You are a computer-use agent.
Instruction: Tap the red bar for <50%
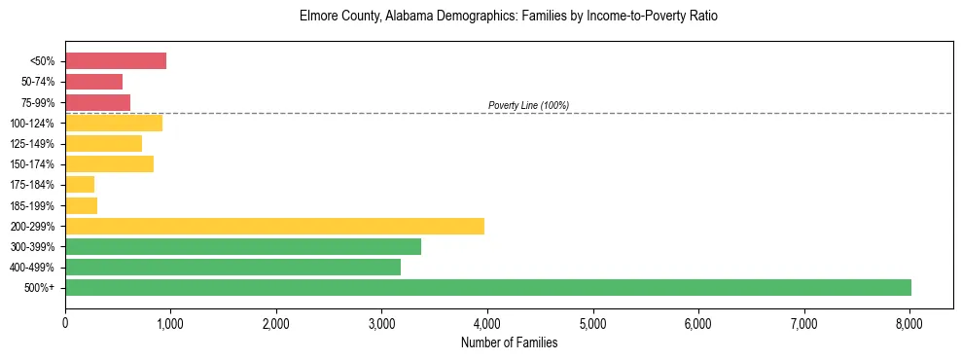(x=116, y=61)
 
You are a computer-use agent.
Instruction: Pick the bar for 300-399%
(x=243, y=246)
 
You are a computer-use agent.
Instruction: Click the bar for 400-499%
(x=233, y=267)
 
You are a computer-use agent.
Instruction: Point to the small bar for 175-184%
(x=80, y=185)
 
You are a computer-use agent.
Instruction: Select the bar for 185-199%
(x=82, y=205)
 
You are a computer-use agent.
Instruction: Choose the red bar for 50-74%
(x=94, y=82)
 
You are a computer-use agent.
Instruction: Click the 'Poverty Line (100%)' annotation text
(x=528, y=105)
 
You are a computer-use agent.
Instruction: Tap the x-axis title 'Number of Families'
(x=509, y=342)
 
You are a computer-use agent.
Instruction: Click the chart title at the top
(x=509, y=18)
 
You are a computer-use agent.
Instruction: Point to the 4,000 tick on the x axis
(x=487, y=323)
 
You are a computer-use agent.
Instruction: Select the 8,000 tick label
(x=909, y=323)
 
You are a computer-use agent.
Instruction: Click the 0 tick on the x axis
(x=65, y=323)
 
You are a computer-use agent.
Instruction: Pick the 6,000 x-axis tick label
(x=698, y=323)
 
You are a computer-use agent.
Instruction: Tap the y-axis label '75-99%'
(x=38, y=103)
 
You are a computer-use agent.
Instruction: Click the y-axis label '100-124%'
(x=35, y=124)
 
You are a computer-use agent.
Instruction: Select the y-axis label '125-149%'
(x=35, y=144)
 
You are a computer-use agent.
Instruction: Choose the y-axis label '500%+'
(x=42, y=288)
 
